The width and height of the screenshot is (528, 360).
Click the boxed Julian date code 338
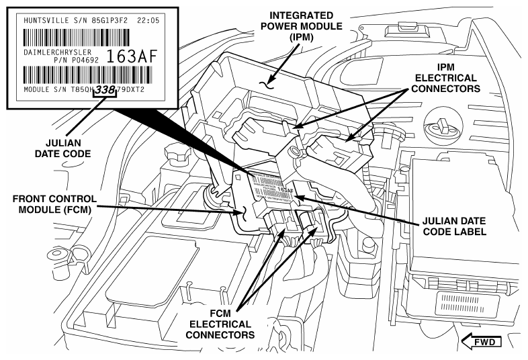point(105,89)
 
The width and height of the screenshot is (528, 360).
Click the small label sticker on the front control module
point(272,185)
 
